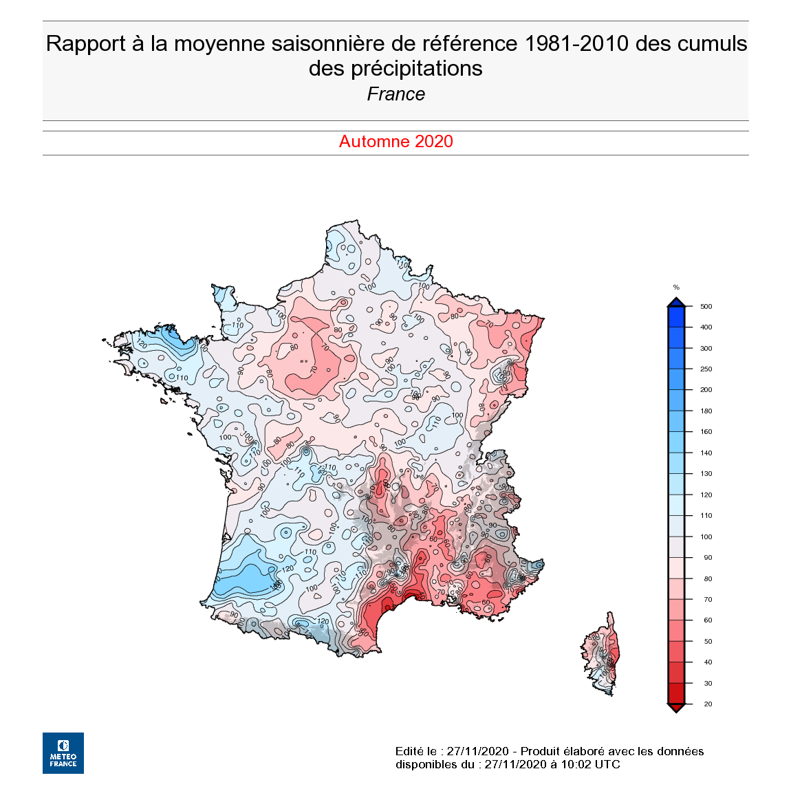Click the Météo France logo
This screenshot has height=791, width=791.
click(x=63, y=752)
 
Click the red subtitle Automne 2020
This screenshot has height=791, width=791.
click(x=395, y=142)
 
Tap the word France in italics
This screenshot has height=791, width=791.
click(x=395, y=94)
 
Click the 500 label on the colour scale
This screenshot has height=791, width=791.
click(x=706, y=307)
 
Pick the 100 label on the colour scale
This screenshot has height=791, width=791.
click(x=706, y=537)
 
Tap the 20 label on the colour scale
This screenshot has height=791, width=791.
click(x=708, y=704)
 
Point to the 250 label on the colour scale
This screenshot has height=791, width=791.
click(x=706, y=369)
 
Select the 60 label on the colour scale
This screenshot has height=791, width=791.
click(x=708, y=620)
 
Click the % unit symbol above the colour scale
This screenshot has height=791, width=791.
click(x=676, y=288)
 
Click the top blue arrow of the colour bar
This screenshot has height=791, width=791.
click(x=676, y=302)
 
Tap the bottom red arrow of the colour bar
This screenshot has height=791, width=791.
click(x=676, y=708)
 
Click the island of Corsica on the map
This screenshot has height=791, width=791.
click(x=602, y=653)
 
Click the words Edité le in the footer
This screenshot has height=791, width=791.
click(x=415, y=751)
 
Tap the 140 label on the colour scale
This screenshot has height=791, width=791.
click(x=706, y=453)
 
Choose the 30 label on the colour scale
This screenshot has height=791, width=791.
click(x=708, y=684)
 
